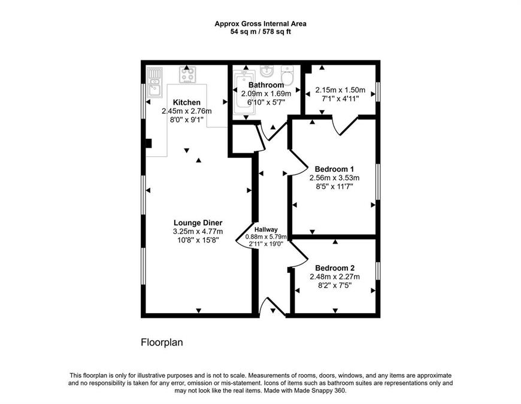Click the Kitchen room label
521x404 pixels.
coord(186,102)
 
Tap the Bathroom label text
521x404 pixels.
coord(266,84)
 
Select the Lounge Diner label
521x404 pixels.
coord(198,223)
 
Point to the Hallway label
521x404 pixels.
coord(266,229)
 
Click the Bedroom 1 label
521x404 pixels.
coord(334,169)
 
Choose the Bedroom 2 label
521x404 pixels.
coord(335,268)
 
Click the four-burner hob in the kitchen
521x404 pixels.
coord(187,74)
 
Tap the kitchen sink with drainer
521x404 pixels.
coord(155,83)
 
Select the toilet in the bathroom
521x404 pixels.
coord(286,75)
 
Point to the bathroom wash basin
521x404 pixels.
coord(266,71)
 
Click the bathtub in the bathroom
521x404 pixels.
coord(244,92)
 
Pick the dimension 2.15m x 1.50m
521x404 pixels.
coord(340,90)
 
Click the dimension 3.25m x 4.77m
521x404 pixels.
coord(198,232)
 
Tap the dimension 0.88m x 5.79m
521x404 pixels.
coord(266,237)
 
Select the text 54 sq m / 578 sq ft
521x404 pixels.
coord(260,32)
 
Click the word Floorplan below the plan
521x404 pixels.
coord(162,342)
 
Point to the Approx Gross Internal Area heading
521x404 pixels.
coord(260,24)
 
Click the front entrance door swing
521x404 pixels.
coord(272,306)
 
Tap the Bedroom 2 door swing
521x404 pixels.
coord(298,254)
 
